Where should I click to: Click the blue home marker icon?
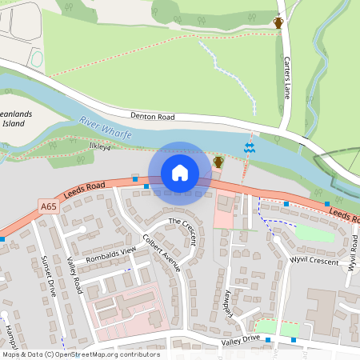point(180,173)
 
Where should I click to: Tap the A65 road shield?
point(49,206)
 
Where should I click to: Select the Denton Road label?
point(152,117)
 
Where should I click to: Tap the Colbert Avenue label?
point(162,252)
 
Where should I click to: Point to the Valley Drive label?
point(241,340)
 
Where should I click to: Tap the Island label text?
point(14,124)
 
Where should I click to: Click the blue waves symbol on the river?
point(249,148)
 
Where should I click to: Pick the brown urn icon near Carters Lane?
point(278,22)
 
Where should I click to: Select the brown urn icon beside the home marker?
point(218,162)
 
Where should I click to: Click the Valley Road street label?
point(75,275)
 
